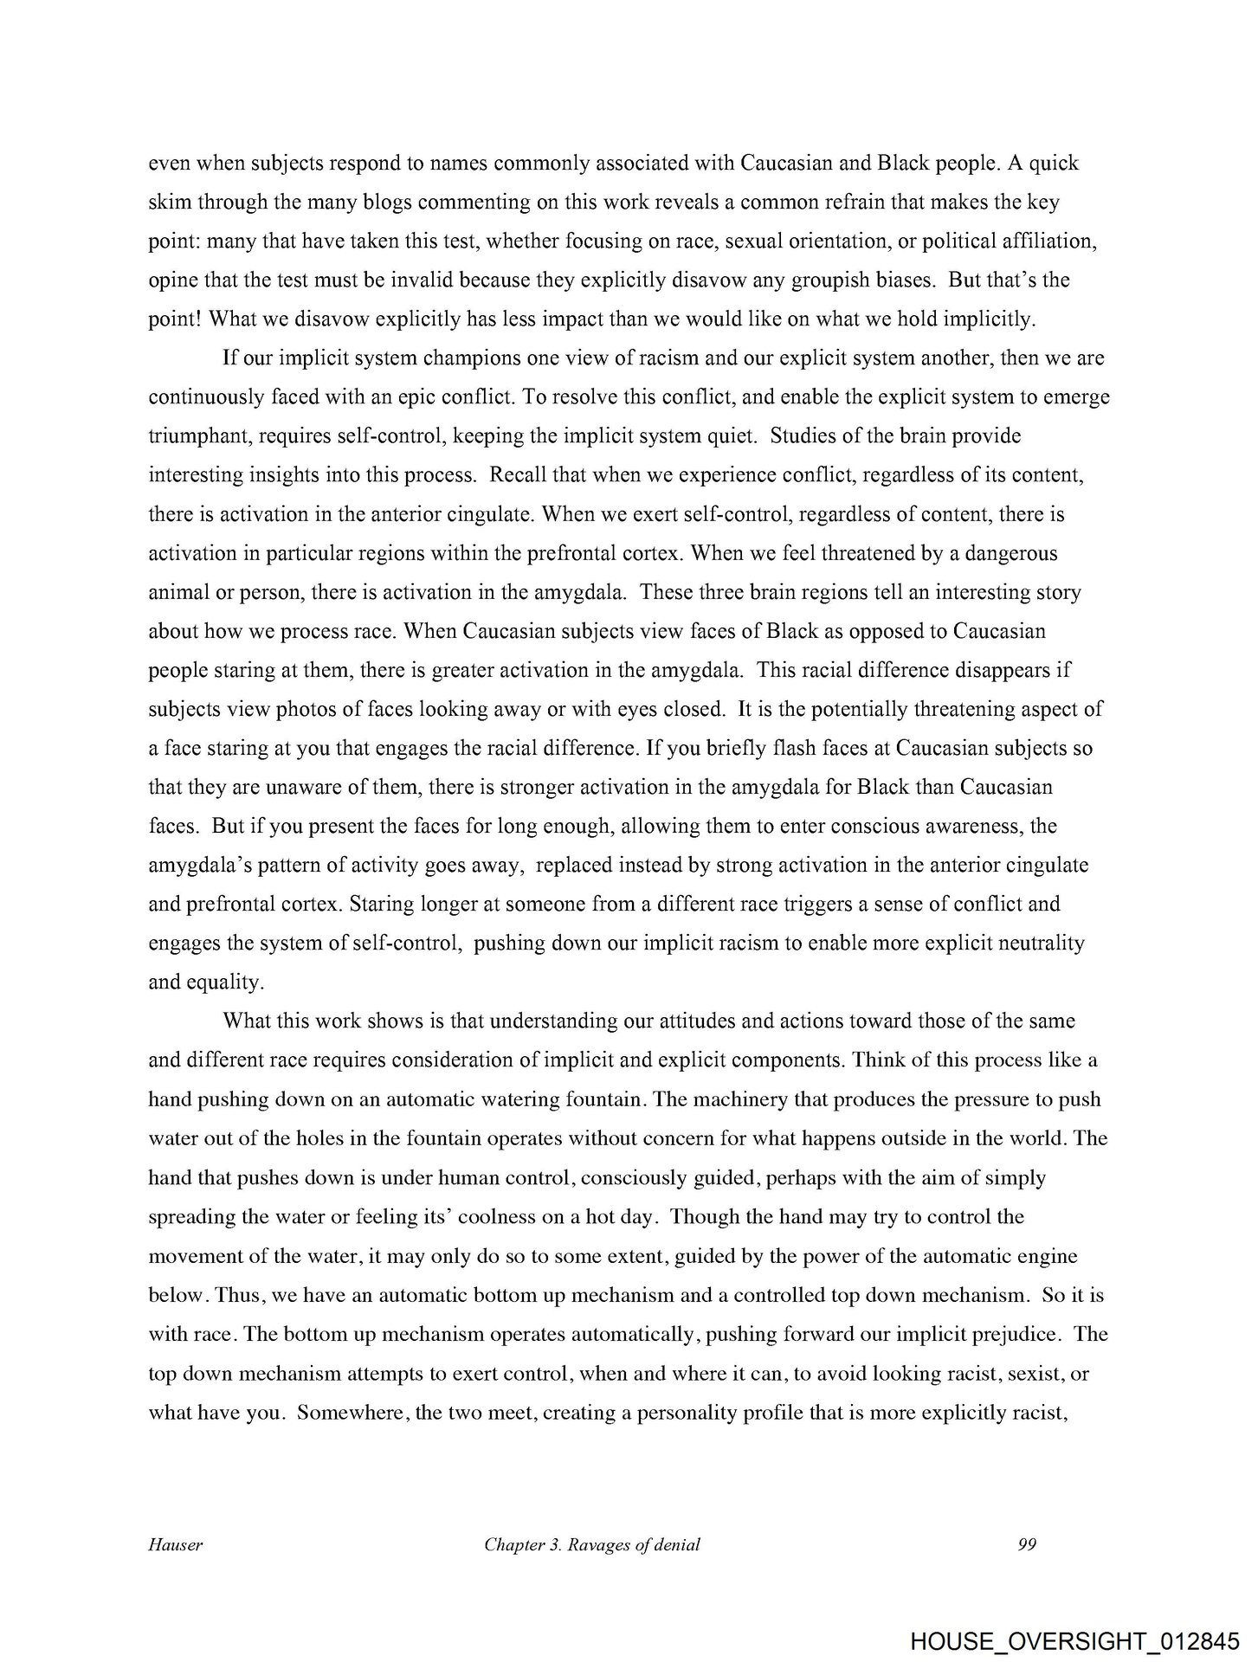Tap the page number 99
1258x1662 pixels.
[1027, 1544]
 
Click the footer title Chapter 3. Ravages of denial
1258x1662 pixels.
[592, 1544]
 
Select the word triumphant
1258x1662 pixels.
[197, 436]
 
